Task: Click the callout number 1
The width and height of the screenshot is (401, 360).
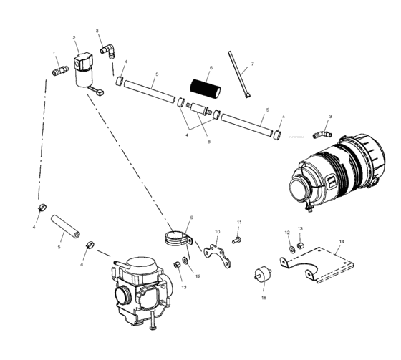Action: click(54, 53)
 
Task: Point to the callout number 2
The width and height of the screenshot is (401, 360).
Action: click(74, 37)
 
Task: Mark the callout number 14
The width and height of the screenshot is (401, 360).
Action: click(342, 242)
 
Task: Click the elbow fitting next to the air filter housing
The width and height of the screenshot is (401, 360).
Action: click(322, 134)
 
